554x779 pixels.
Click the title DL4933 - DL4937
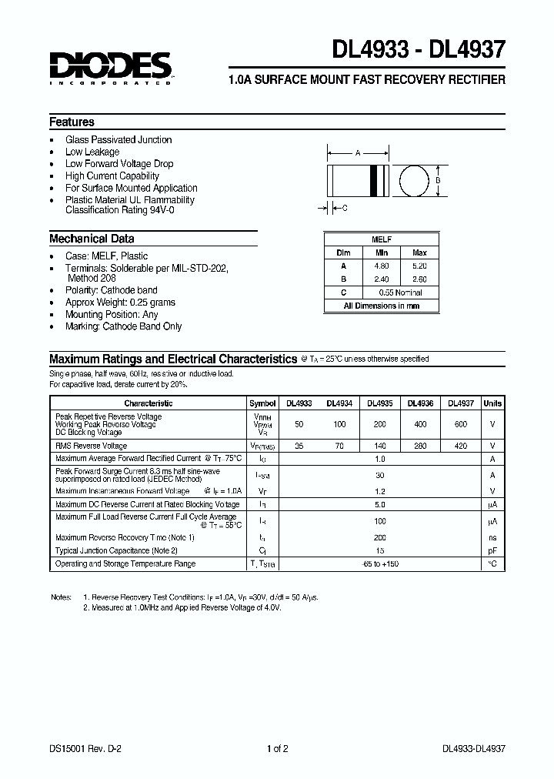[419, 50]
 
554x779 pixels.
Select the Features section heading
[72, 122]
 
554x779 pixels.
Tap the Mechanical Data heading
[92, 239]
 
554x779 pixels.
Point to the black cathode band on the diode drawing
[377, 181]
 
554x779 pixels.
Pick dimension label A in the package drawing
[358, 153]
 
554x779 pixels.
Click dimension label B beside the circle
[438, 181]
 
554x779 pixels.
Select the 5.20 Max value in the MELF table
[419, 266]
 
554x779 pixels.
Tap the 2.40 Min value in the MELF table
[382, 279]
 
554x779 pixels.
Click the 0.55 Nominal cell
[400, 293]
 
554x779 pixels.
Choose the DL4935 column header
[379, 403]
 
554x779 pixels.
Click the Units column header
[492, 403]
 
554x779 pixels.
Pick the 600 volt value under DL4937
[460, 423]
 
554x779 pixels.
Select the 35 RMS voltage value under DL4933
[299, 446]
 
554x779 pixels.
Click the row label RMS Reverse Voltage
[92, 446]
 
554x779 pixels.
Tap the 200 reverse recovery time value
[379, 537]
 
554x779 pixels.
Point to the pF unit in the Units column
[492, 550]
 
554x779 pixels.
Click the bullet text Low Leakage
[92, 152]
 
